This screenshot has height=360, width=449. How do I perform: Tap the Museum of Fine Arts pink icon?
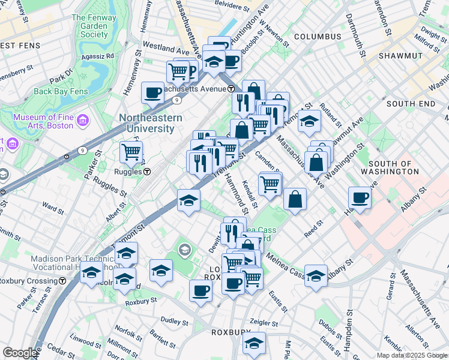point(82,121)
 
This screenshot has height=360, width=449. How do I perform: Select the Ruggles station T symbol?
point(146,172)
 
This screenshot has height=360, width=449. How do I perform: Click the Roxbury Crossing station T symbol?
point(62,281)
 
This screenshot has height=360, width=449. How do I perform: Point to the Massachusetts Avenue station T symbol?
point(231,89)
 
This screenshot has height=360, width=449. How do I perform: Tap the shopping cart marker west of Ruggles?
point(131,151)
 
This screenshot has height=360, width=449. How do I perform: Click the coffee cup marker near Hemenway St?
point(153,92)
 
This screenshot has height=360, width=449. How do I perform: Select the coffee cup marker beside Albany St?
point(360,198)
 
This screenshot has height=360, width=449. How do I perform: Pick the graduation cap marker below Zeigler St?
point(255,343)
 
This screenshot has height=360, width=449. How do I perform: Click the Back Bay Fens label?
point(61,92)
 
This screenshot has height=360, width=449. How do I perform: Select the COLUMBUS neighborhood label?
point(318,37)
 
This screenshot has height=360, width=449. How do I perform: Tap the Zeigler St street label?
point(267,322)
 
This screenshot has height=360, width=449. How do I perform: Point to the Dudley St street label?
point(175,322)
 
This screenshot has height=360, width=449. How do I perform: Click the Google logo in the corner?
point(20,352)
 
